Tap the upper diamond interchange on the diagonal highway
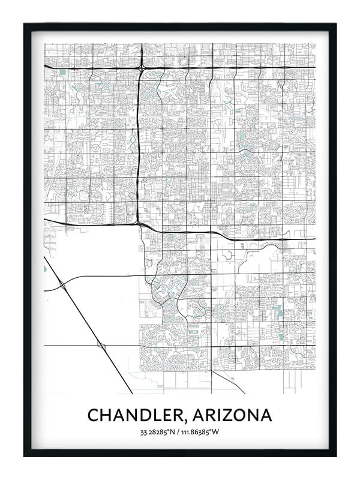click(63, 285)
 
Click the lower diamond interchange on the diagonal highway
click(101, 346)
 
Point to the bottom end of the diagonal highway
click(132, 392)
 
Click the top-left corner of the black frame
click(24, 24)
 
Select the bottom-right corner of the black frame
click(336, 456)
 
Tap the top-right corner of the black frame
click(336, 24)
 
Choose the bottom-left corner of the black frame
click(24, 456)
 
